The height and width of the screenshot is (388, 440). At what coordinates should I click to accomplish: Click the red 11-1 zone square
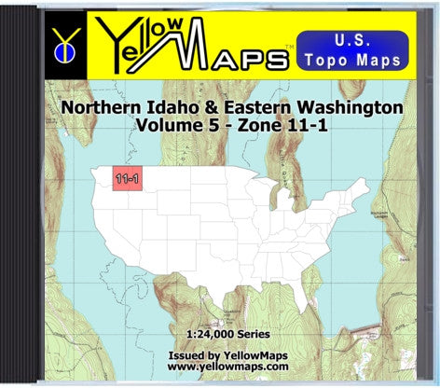click(x=121, y=176)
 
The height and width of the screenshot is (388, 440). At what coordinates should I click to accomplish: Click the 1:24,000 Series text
click(x=221, y=334)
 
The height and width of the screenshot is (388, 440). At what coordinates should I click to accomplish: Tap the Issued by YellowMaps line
click(x=221, y=354)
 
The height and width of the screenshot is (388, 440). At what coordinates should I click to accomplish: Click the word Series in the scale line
click(x=250, y=334)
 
